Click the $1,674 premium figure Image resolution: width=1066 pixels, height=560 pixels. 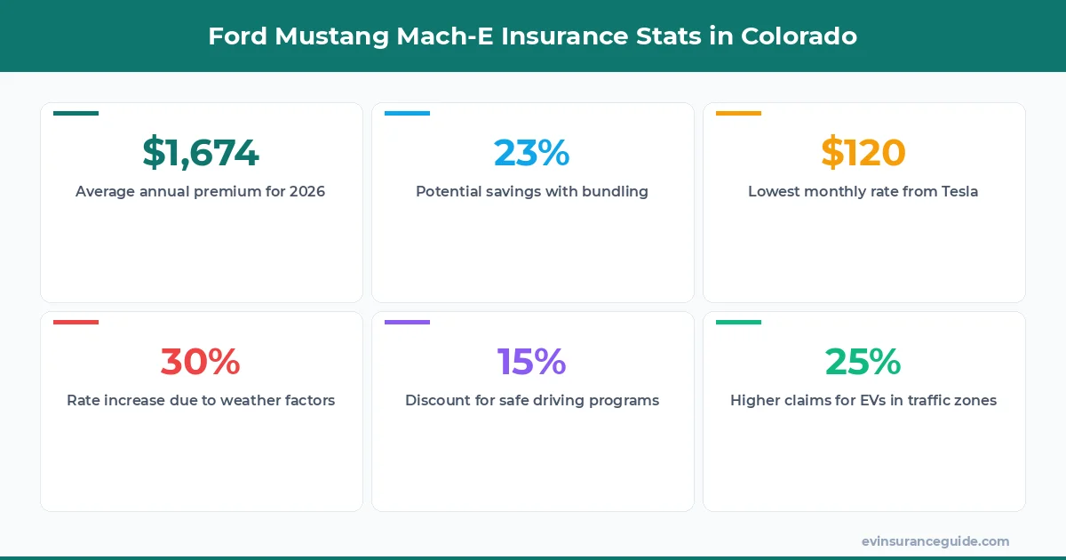[201, 153]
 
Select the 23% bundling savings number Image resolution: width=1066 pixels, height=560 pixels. [532, 153]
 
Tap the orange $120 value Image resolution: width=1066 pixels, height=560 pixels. [863, 153]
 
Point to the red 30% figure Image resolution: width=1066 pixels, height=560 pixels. [201, 362]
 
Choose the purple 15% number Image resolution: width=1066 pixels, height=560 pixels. [532, 362]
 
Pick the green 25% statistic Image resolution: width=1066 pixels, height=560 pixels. [863, 362]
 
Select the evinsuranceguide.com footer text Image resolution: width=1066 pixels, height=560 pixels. [935, 541]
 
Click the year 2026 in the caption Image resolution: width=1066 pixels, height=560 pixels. [307, 192]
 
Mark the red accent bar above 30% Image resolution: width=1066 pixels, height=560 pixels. [76, 322]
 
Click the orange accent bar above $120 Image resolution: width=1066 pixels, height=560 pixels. [738, 113]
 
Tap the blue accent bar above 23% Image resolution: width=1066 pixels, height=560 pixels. [407, 113]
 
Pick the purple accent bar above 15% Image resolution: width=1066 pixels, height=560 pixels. [407, 322]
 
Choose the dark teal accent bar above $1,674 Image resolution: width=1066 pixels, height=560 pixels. [76, 113]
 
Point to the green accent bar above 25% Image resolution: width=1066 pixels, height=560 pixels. [738, 322]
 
